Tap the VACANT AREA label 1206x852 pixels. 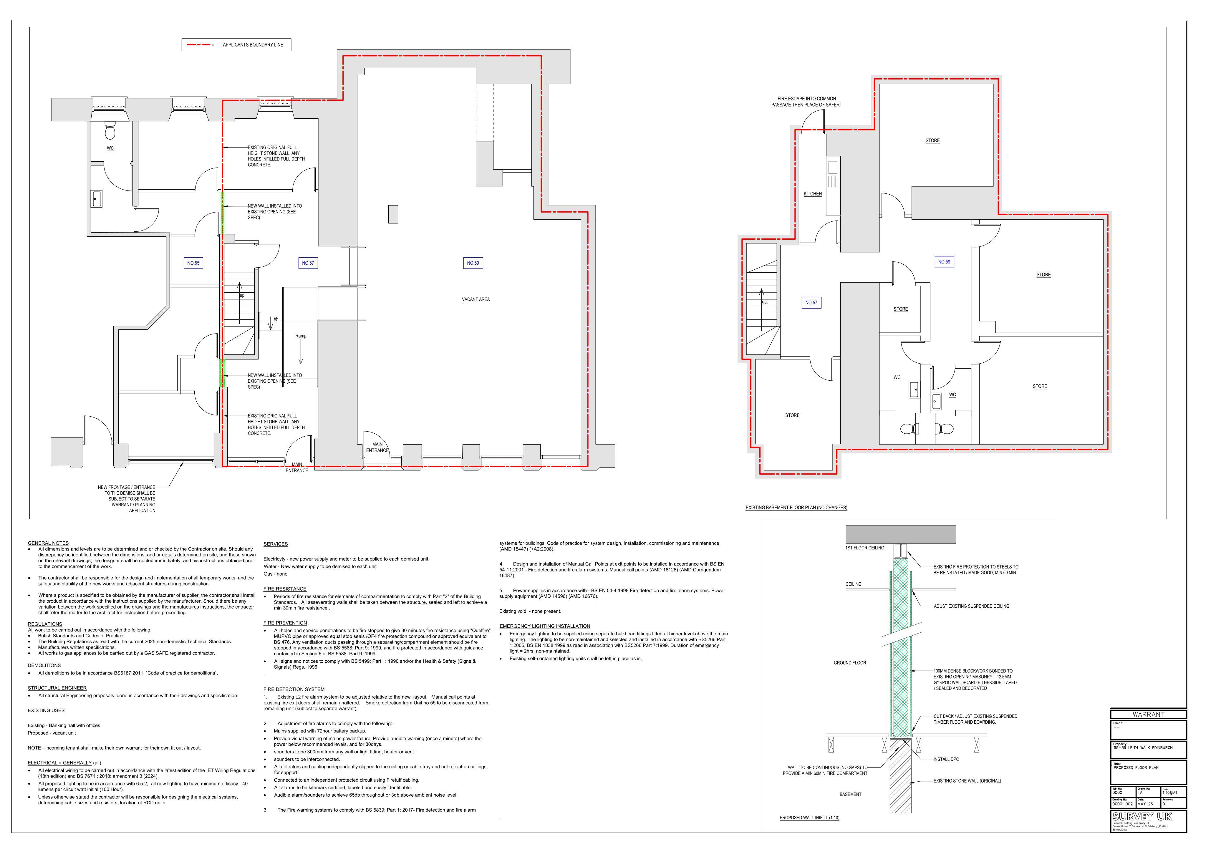coord(476,299)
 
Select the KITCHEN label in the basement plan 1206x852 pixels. coord(813,194)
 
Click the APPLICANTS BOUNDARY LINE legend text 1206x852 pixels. coord(253,45)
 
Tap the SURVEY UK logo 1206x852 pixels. coord(1142,816)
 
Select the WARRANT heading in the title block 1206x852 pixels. coord(1148,715)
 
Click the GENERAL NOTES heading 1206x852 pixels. coord(48,543)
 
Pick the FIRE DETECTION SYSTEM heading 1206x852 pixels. coord(294,689)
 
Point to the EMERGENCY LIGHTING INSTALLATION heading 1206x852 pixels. coord(545,626)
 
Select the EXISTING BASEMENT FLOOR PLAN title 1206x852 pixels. coord(796,508)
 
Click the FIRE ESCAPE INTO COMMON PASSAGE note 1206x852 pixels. coord(806,101)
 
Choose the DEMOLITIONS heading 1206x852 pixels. coord(44,666)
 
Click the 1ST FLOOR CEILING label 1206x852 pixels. coord(864,548)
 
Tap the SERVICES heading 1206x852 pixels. coord(276,544)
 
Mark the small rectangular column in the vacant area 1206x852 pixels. coord(393,214)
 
